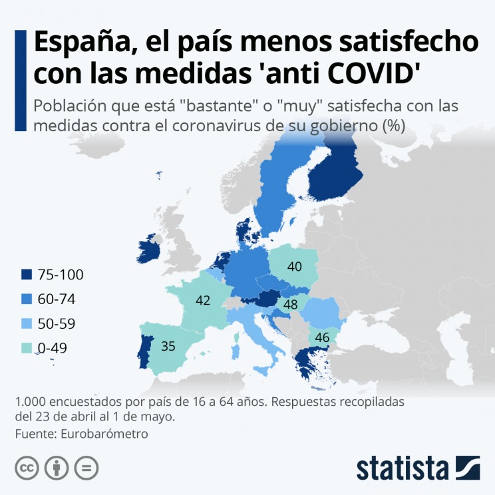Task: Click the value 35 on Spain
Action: [x=168, y=346]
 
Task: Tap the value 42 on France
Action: [x=203, y=301]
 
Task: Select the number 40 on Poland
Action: [x=295, y=267]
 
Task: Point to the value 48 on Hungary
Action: [x=290, y=305]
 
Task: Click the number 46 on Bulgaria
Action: [x=322, y=337]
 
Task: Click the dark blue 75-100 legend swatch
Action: [x=27, y=275]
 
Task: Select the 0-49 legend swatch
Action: [x=27, y=348]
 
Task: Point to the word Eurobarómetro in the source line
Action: [x=104, y=433]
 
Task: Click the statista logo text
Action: [x=403, y=468]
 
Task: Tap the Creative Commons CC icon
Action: [x=26, y=468]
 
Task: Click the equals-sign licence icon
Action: [x=86, y=468]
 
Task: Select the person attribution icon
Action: [x=57, y=468]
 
